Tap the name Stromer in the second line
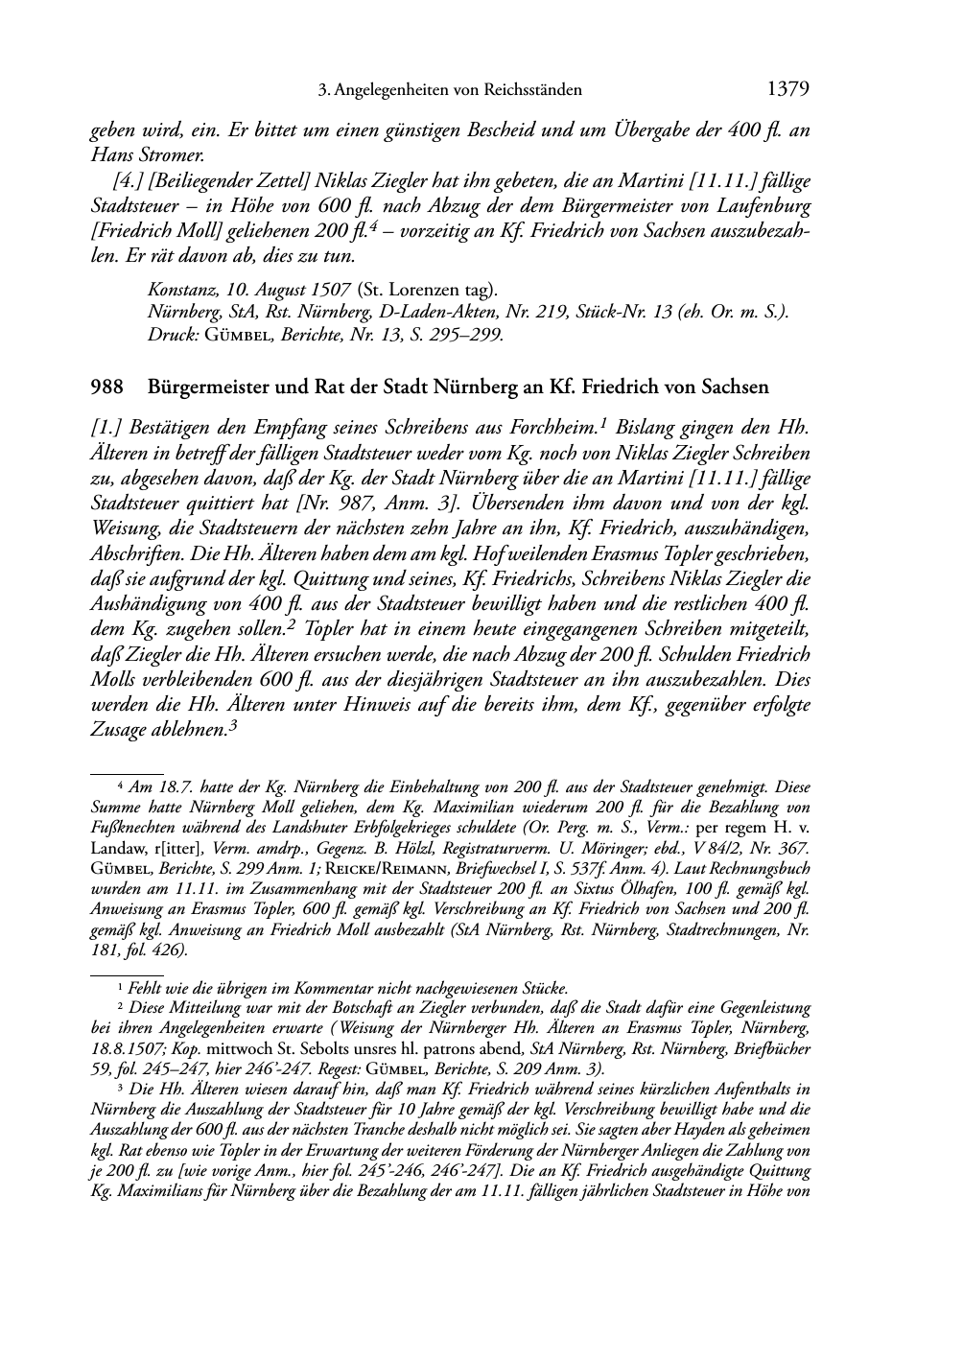(x=173, y=154)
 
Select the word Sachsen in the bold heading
(x=738, y=387)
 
